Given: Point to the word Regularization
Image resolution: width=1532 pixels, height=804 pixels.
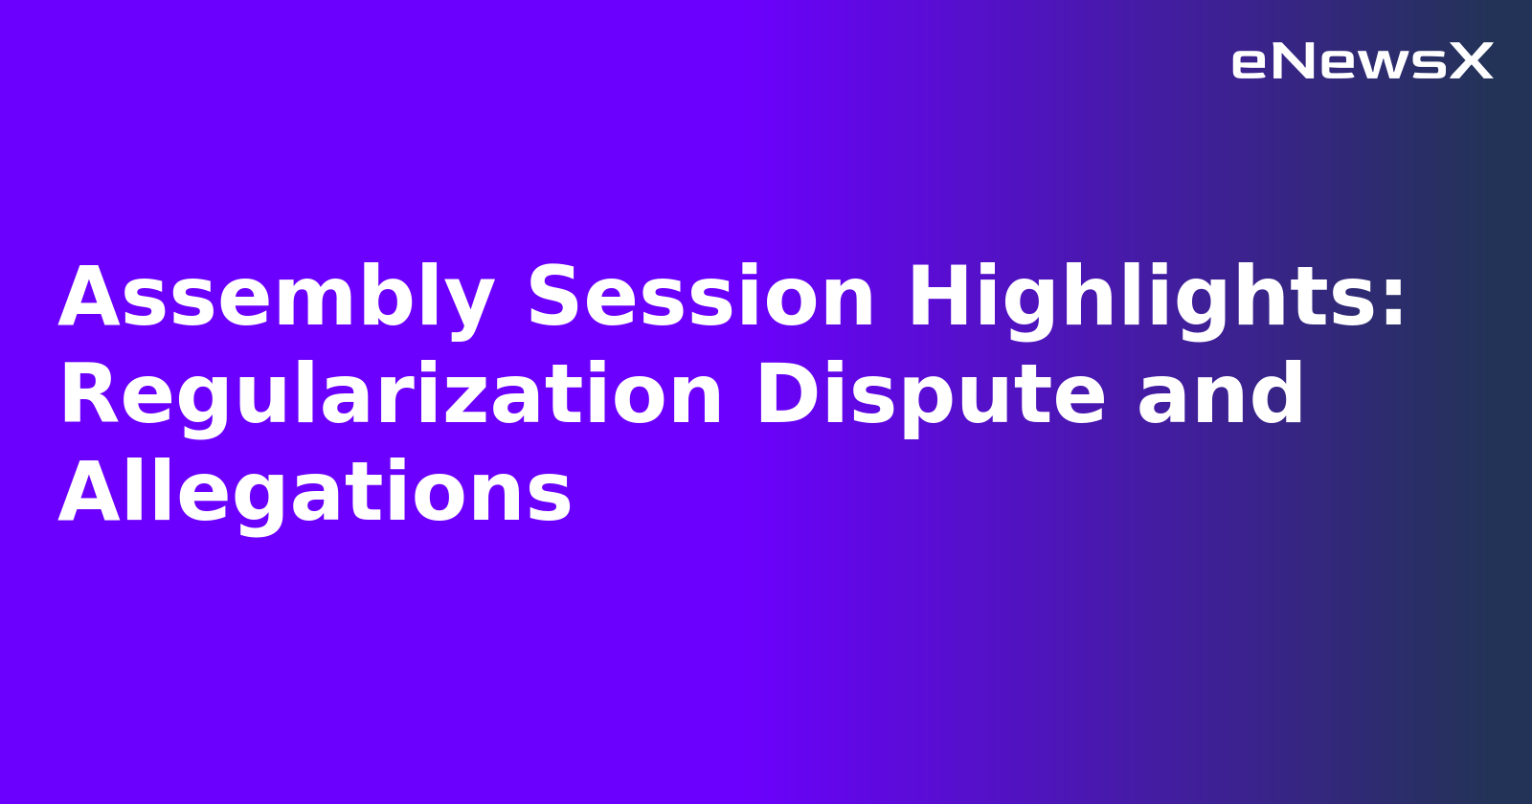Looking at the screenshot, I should [x=391, y=396].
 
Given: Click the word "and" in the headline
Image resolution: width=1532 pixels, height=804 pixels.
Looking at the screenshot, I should [x=1221, y=396].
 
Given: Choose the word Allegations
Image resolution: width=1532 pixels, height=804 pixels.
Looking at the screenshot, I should [x=315, y=494].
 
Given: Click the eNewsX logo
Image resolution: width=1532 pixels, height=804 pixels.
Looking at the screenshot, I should [x=1362, y=62].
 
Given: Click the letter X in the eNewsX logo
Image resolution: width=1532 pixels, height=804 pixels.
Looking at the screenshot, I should [x=1471, y=62].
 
